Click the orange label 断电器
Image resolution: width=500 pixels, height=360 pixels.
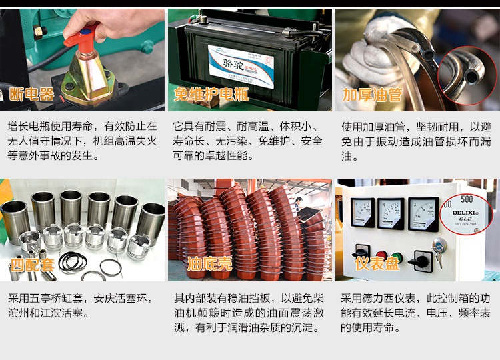click(31, 94)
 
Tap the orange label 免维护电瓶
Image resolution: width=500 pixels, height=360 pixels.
click(211, 94)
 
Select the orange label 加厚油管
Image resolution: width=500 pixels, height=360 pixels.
click(372, 95)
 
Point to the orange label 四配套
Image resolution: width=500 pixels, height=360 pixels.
click(32, 265)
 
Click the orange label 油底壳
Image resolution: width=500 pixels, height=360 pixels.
click(209, 264)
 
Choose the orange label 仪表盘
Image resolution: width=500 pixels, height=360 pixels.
click(377, 264)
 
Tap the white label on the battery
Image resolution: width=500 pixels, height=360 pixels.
click(241, 66)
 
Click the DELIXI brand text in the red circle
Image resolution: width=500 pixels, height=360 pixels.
click(465, 213)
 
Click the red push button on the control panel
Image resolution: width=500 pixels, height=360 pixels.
click(381, 255)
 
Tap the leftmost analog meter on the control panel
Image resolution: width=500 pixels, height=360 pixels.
click(363, 212)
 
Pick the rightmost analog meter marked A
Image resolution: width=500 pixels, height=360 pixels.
click(423, 214)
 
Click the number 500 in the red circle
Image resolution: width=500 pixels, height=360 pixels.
click(467, 199)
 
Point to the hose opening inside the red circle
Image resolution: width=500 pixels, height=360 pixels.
click(470, 77)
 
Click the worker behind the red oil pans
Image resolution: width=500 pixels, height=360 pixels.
click(298, 203)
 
